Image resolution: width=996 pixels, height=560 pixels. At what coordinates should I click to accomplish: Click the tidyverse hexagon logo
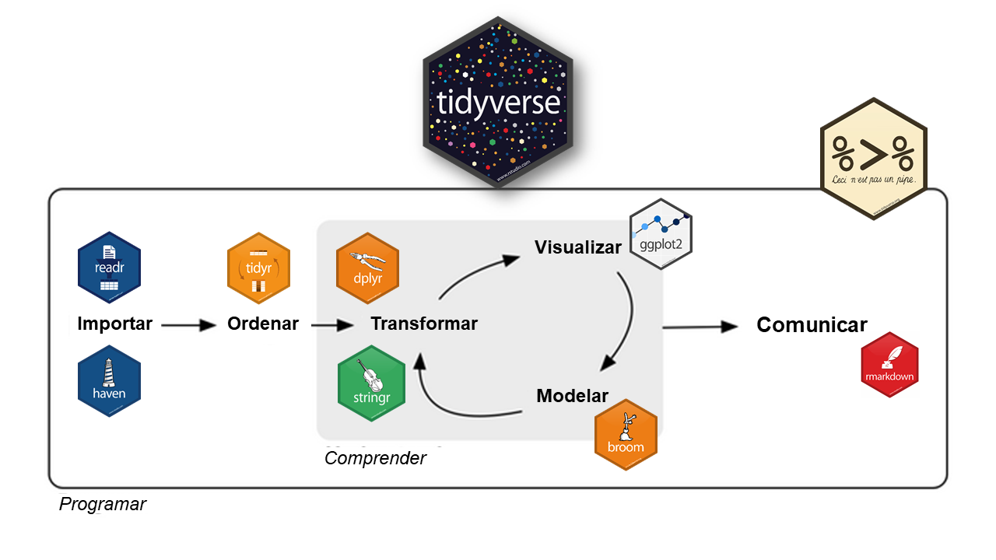point(498,104)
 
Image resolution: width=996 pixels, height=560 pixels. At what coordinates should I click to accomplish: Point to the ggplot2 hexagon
point(661,233)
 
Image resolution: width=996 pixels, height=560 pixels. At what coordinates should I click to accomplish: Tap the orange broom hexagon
point(626,436)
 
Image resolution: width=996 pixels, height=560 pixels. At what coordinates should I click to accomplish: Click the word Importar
point(114,324)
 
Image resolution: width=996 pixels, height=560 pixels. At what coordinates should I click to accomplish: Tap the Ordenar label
point(263,324)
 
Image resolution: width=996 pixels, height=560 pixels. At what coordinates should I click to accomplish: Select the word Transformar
point(424,324)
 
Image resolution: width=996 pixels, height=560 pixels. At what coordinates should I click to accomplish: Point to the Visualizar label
point(577,247)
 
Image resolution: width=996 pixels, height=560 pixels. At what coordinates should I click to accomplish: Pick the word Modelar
point(572,396)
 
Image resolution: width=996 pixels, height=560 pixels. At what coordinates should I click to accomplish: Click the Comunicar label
point(812,325)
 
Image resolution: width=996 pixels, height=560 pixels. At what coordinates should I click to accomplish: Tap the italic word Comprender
point(375,458)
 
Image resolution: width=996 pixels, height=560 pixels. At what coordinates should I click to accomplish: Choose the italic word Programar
point(103,504)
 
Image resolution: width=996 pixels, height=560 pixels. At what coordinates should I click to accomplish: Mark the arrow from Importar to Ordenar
point(188,325)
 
